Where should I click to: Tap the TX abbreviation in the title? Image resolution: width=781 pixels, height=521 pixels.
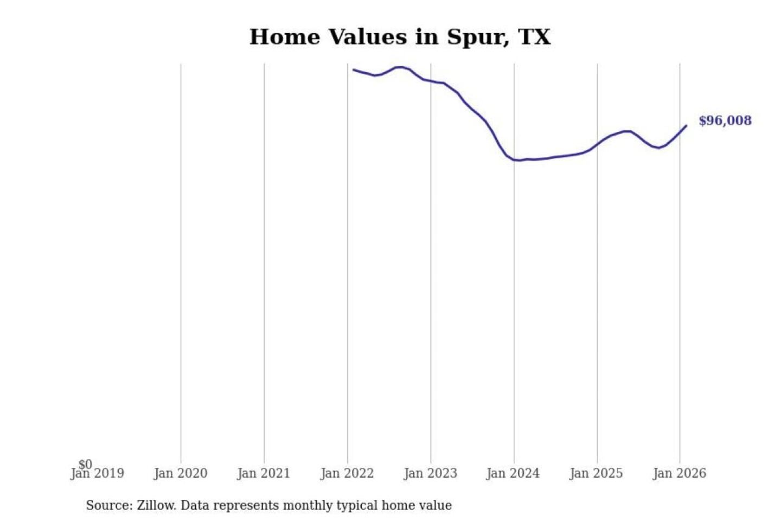[x=534, y=37]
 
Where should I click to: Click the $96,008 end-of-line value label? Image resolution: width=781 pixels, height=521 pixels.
[x=725, y=120]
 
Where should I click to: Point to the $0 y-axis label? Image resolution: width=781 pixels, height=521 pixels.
[x=85, y=464]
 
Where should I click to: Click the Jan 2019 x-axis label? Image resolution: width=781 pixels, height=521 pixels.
[x=98, y=474]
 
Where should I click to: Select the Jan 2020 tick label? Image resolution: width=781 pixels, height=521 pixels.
[x=181, y=474]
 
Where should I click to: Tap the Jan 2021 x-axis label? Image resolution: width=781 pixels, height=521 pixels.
[x=264, y=474]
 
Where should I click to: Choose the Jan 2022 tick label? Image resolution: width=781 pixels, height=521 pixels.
[x=347, y=474]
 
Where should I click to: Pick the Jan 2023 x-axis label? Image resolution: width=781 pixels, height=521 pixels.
[x=431, y=474]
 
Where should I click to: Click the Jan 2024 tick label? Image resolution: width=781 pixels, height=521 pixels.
[x=513, y=474]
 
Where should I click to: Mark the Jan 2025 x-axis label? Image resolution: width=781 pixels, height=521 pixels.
[x=596, y=474]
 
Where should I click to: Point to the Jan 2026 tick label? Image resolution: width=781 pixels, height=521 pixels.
[x=679, y=474]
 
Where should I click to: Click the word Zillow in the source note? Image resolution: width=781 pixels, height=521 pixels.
[x=156, y=505]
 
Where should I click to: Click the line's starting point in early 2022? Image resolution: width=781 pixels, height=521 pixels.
[x=354, y=69]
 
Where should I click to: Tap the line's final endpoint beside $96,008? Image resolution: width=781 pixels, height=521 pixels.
[x=686, y=126]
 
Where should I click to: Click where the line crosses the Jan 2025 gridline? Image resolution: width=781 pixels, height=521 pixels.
[x=597, y=143]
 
